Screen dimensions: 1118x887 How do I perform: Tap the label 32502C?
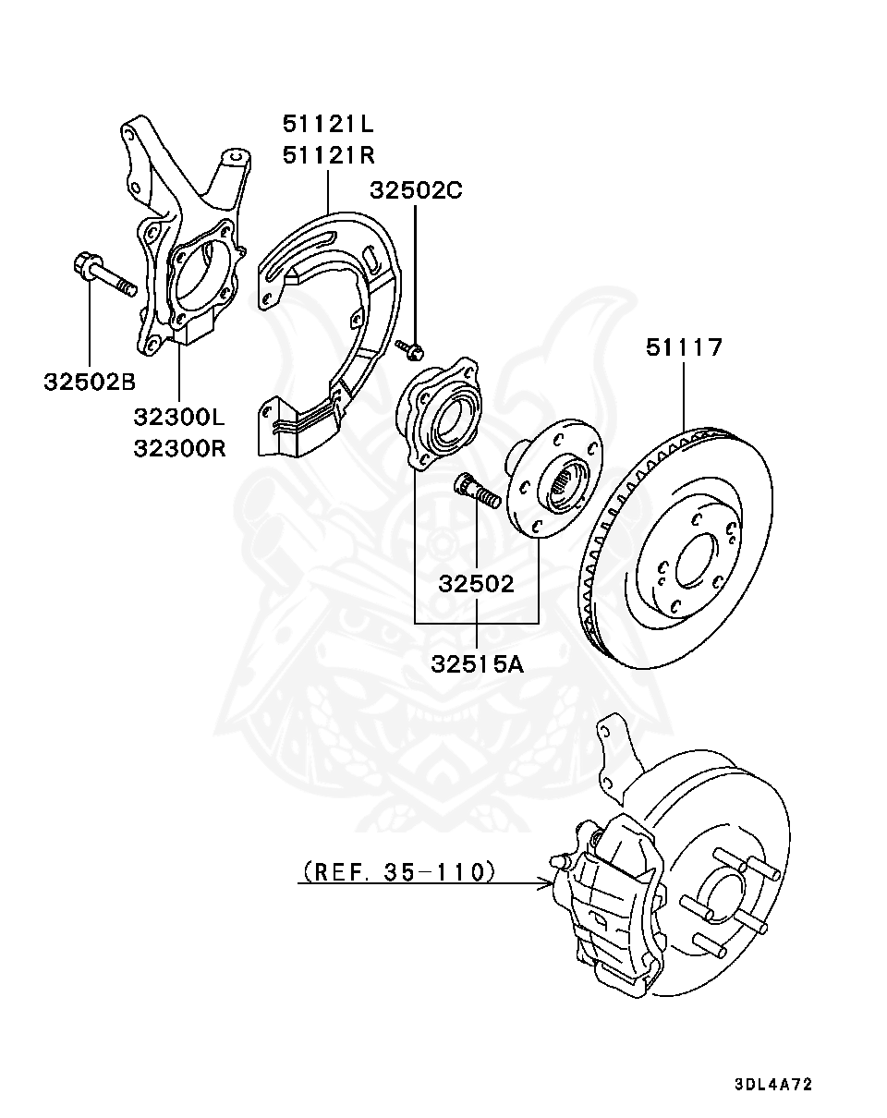coord(416,190)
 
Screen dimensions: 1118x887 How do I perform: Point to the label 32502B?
coord(90,381)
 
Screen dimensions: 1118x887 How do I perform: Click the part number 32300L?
coord(179,418)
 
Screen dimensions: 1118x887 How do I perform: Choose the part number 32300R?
coord(179,448)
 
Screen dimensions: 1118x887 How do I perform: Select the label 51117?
coord(684,348)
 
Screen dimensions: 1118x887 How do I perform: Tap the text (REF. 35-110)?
coord(398,870)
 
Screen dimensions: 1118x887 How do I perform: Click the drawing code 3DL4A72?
coord(773,1085)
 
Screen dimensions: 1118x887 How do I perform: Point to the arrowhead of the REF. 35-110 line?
coord(547,884)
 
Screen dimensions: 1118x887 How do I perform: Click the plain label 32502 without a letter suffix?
coord(476,584)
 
